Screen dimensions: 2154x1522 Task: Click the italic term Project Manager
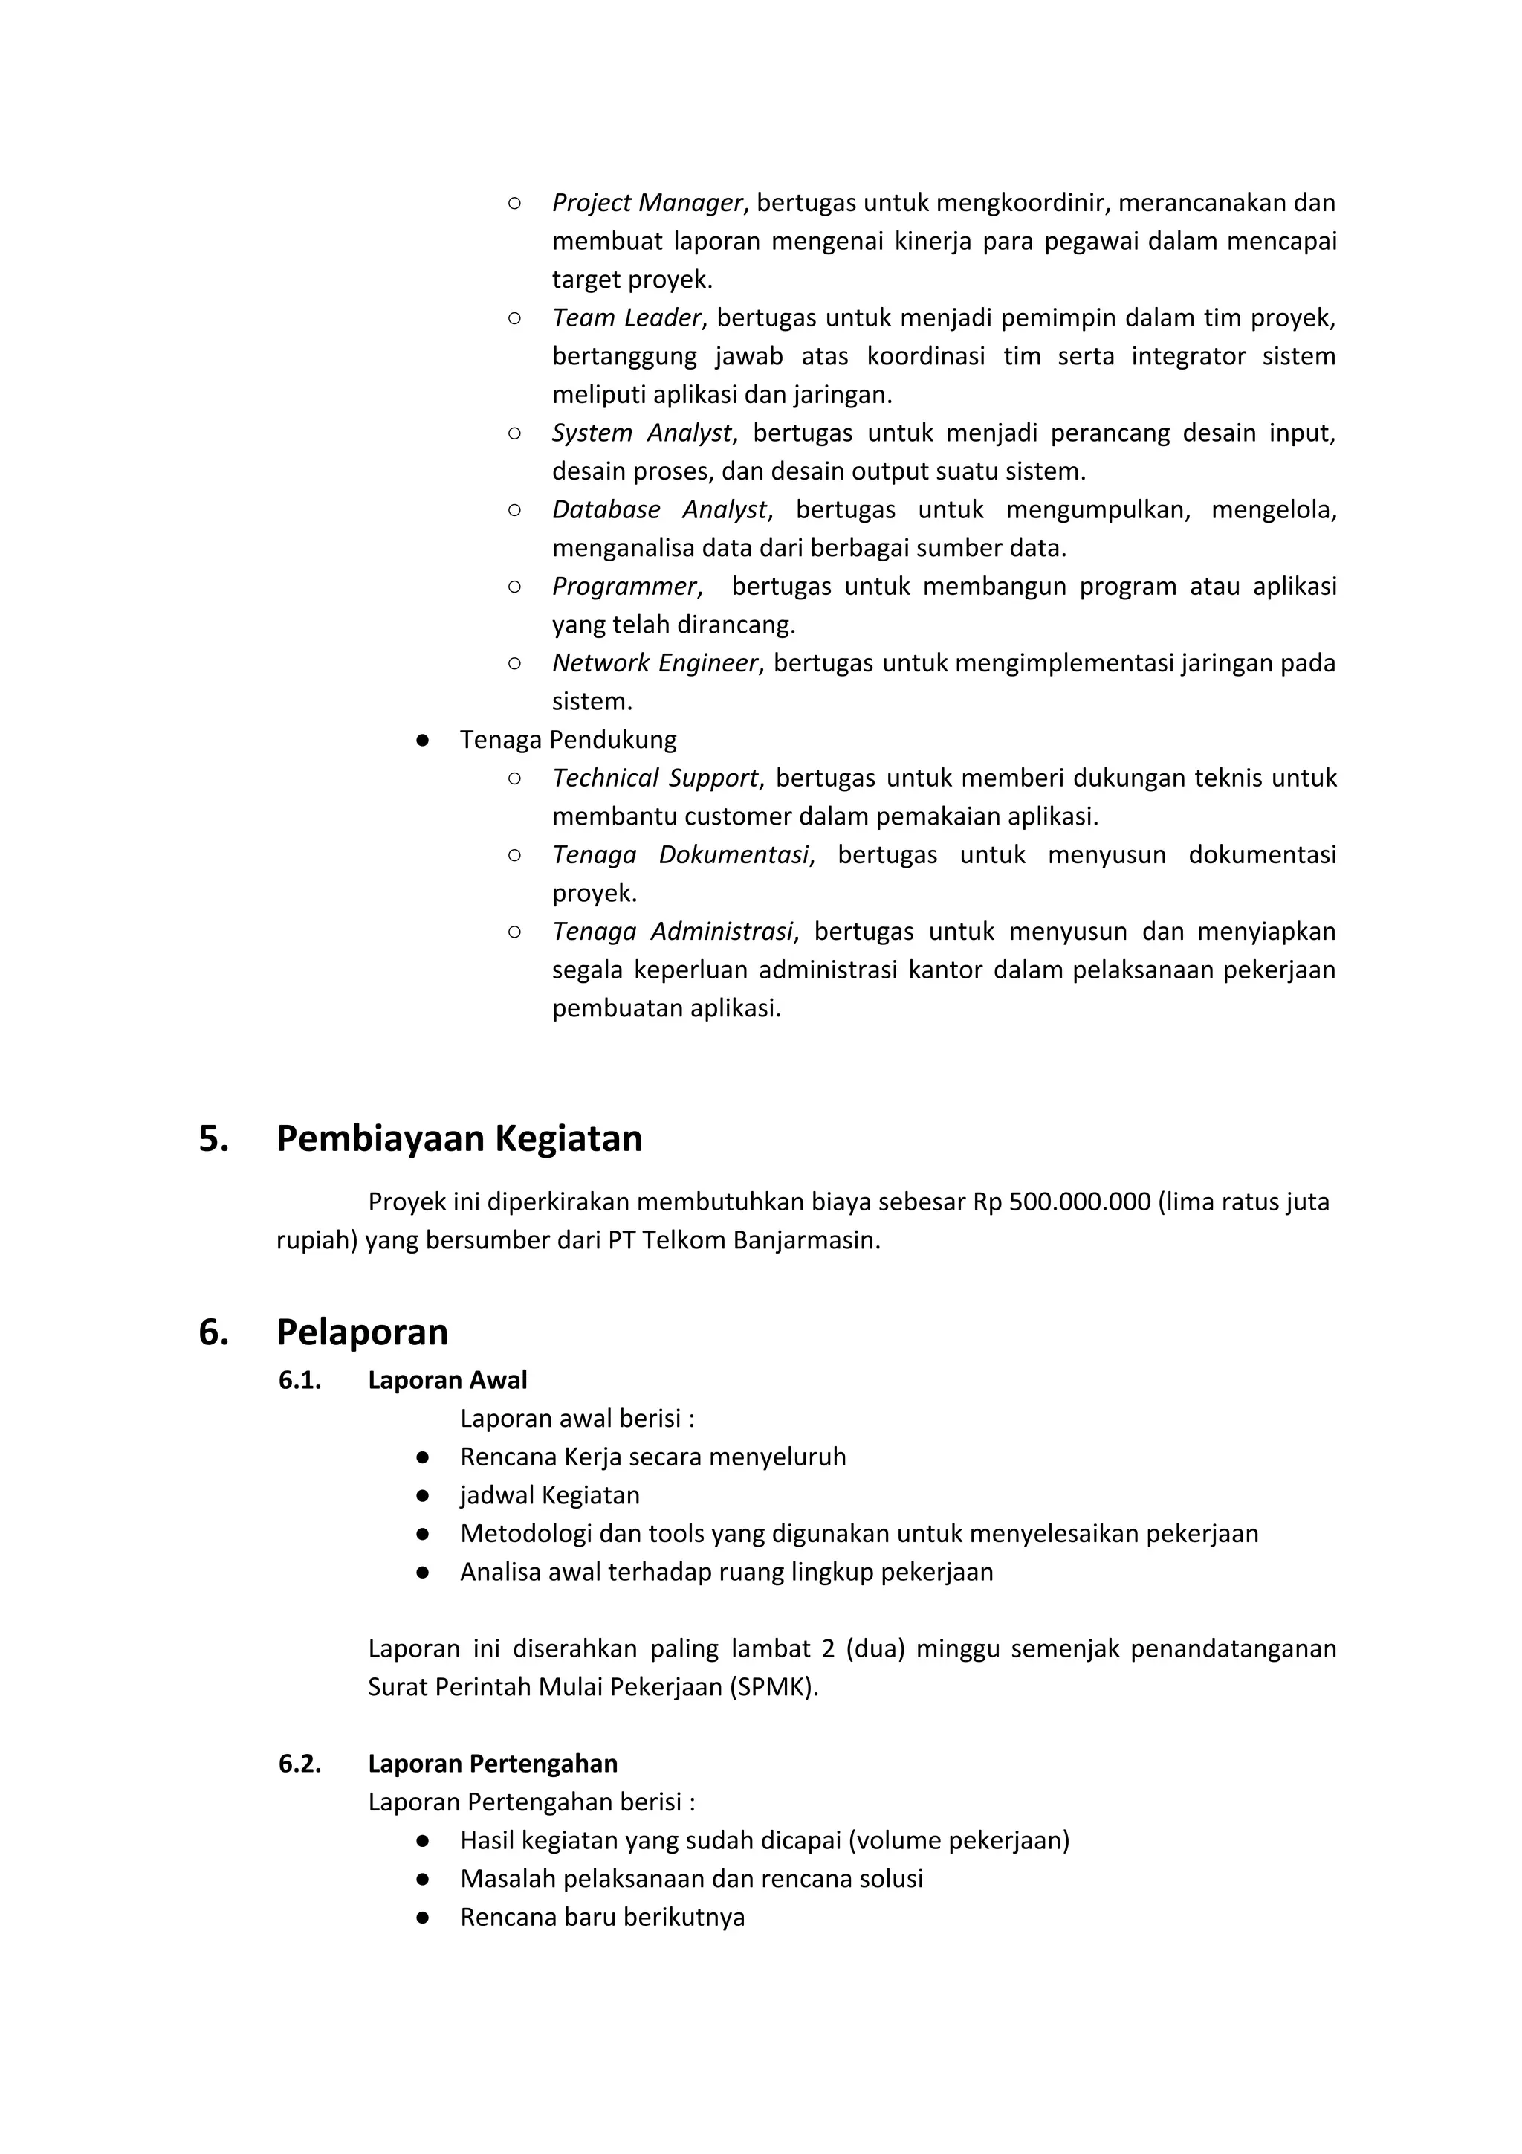coord(647,203)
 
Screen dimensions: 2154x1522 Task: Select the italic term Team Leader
coord(626,318)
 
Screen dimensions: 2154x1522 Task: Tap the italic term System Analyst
coord(641,433)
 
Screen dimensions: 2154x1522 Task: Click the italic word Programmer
coord(624,587)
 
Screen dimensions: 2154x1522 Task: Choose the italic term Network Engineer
coord(655,663)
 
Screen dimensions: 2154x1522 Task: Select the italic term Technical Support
coord(655,778)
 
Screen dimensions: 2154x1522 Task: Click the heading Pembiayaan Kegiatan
coord(459,1139)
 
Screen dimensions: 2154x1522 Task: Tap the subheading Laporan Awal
coord(447,1380)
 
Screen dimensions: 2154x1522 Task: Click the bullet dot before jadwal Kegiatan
coord(423,1495)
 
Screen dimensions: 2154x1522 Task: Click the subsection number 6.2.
coord(299,1764)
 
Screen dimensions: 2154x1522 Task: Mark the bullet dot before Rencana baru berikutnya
coord(423,1918)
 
